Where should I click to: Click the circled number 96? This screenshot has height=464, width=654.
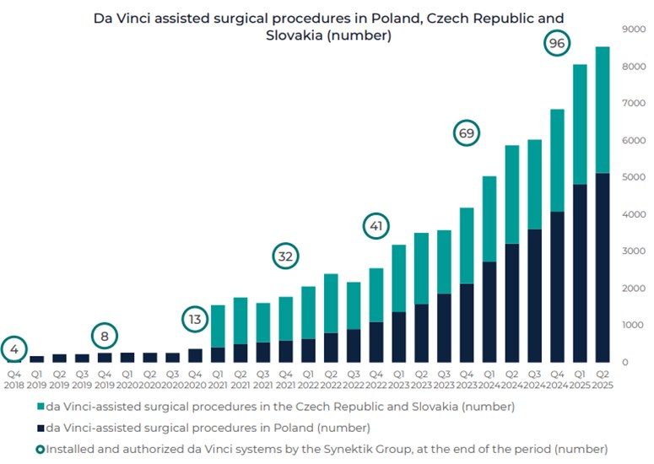[557, 43]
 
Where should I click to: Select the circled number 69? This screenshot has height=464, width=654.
[466, 133]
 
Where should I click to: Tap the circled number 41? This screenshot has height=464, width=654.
[376, 226]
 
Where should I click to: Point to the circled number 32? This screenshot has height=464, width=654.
[286, 256]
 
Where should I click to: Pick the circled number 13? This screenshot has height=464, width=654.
[195, 320]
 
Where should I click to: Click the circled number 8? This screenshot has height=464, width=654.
[105, 337]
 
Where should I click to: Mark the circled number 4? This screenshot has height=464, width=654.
[14, 348]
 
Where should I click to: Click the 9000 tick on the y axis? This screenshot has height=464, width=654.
[633, 29]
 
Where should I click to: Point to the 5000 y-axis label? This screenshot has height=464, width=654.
[633, 177]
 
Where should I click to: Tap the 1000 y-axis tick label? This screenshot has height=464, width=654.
[633, 325]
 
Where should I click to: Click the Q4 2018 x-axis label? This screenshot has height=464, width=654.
[14, 378]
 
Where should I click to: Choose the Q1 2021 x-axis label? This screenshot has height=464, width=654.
[218, 378]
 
